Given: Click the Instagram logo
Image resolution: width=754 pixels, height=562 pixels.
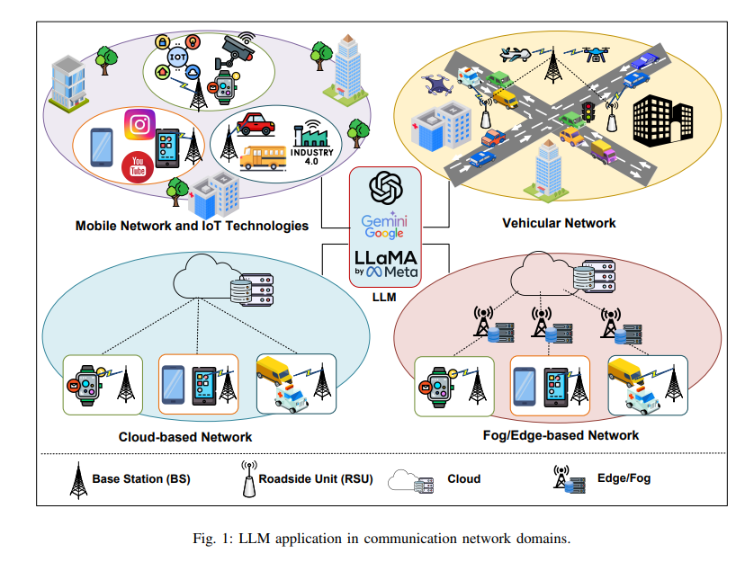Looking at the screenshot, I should click(139, 124).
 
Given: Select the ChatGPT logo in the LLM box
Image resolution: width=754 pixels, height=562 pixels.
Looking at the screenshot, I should click(384, 191).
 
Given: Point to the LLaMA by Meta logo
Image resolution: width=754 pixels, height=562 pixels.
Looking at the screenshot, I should click(384, 263).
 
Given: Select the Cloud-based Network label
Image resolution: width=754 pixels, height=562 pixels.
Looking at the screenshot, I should click(185, 437).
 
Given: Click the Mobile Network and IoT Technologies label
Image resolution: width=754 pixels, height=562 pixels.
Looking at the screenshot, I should click(193, 225).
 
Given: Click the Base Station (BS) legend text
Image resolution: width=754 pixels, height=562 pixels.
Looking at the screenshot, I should click(140, 478).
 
